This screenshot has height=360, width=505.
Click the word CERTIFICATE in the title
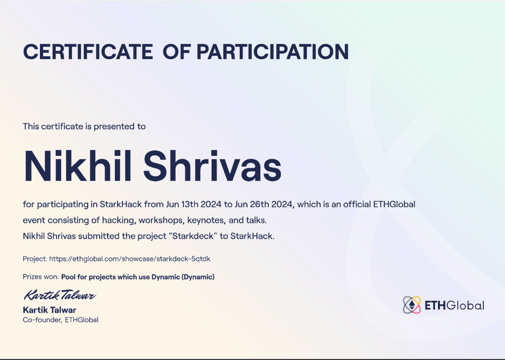coord(88,51)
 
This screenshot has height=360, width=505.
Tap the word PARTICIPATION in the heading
coord(273,51)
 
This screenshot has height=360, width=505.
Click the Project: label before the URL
coord(35,258)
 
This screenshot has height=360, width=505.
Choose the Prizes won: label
coord(40,277)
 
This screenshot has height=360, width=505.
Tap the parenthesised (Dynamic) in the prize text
coord(198,277)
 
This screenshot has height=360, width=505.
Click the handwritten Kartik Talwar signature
coord(60,296)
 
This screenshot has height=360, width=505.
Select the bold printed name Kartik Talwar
coord(49,310)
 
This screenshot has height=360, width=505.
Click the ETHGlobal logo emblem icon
coord(412,305)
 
